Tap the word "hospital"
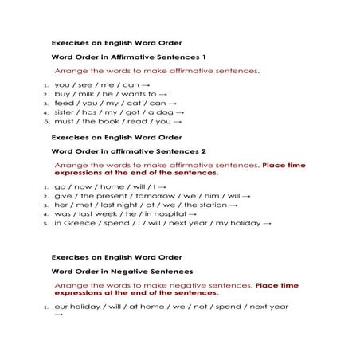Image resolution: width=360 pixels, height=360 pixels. click(162, 214)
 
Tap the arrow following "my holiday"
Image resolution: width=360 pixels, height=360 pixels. click(267, 224)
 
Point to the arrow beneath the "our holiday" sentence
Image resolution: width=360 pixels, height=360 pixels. click(58, 315)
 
